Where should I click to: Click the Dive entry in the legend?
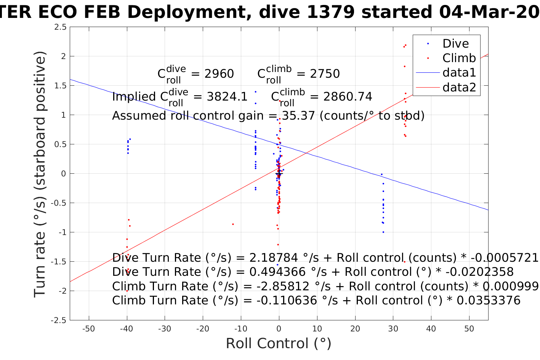[455, 43]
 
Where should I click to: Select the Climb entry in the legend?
[459, 58]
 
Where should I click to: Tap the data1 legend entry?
[459, 72]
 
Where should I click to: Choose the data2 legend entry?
[459, 87]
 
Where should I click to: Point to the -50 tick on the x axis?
[88, 329]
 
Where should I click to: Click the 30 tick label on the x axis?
[393, 329]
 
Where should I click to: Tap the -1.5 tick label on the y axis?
[59, 262]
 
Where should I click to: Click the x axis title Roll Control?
[279, 343]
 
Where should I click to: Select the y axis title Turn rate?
[40, 174]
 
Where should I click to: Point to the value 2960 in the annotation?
[219, 74]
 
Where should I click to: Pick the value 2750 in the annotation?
[325, 74]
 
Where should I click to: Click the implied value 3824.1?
[227, 97]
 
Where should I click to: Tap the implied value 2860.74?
[348, 97]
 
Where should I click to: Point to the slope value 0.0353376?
[488, 301]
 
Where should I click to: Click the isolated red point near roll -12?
[233, 224]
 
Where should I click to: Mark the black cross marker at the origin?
[279, 174]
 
